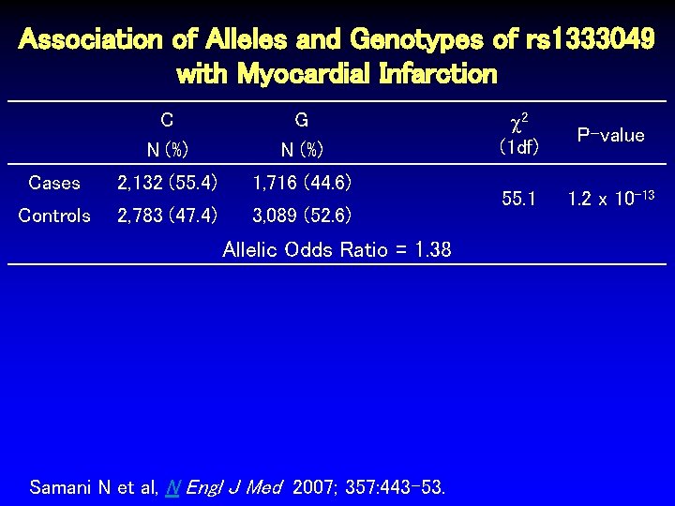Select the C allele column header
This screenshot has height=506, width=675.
click(x=166, y=120)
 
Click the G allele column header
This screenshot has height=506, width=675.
click(x=301, y=120)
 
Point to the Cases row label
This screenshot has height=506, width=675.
click(x=54, y=182)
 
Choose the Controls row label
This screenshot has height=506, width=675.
click(x=54, y=216)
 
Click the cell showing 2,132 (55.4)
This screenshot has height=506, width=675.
click(x=167, y=182)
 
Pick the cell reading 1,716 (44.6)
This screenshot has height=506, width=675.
click(x=302, y=182)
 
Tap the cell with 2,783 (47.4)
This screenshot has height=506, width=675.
click(x=167, y=216)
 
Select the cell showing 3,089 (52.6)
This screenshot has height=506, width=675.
click(x=302, y=216)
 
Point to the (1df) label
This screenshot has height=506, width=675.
click(x=518, y=147)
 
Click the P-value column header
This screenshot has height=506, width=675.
click(x=610, y=135)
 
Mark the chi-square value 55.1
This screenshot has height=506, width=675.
click(x=518, y=199)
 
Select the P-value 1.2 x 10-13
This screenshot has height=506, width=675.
click(x=610, y=198)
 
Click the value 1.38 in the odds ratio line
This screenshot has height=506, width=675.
click(x=432, y=249)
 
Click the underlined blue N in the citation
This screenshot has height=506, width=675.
click(x=172, y=487)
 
